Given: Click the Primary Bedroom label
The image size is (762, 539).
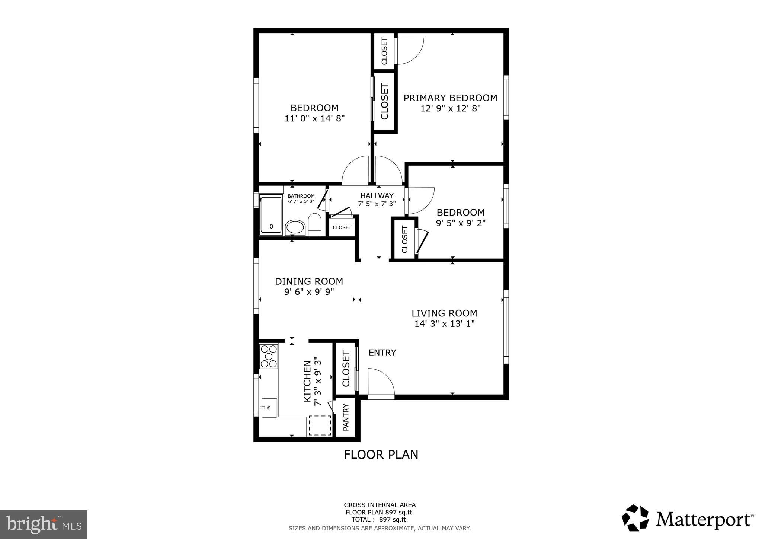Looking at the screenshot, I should coord(450,98).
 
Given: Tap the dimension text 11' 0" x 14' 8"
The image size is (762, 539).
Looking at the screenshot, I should coord(314,119).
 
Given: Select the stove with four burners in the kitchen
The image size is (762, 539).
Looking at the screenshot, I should coord(269,357).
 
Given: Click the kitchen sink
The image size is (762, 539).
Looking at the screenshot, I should coord(269,408).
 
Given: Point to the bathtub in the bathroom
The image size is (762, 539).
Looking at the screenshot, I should coord(271,215).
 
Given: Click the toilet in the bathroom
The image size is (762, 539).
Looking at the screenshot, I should coord(315,225).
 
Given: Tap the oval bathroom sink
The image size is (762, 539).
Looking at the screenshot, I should coord(295,227).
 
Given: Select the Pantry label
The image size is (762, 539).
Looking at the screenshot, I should coord(346,417).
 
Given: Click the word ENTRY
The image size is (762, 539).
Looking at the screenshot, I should coord(382,353).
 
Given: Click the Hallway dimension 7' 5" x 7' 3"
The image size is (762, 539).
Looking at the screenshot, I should coord(377,204).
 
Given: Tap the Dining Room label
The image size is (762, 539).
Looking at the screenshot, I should coord(309,281).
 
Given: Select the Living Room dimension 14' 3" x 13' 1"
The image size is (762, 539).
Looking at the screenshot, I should coord(444,324).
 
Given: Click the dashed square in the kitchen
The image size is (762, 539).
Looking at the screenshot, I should coord(320,425).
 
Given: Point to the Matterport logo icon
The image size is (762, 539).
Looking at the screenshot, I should coord(635,518).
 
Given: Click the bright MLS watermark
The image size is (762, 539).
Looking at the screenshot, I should coord(44,525).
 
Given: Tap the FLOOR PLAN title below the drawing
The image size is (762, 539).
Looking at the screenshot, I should coord(381,455).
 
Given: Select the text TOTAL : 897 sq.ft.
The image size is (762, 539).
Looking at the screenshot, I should coord(380,520).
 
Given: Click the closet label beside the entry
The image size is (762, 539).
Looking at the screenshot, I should coord(346,369).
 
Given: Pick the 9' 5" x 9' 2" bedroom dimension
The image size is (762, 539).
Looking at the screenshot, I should coord(461,223).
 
